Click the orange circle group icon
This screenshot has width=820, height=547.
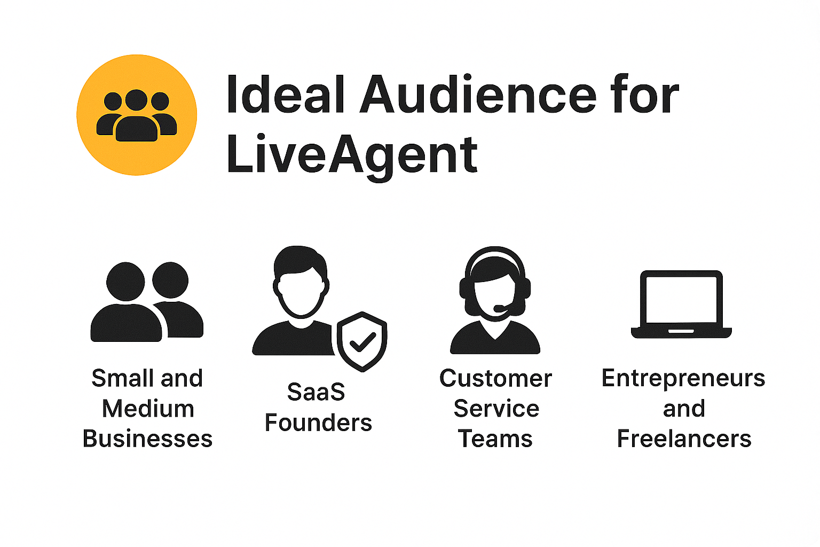(137, 115)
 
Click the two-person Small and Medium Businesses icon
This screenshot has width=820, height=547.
(147, 302)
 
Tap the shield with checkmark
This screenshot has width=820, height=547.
(362, 341)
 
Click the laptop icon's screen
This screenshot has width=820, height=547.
(681, 300)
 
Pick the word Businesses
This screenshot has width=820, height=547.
(148, 439)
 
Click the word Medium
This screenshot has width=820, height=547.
(148, 409)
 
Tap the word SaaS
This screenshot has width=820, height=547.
(316, 392)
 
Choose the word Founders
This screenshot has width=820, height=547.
(318, 423)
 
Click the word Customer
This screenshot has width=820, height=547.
(495, 379)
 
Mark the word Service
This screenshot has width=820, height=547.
(496, 409)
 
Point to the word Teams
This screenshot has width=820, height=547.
(495, 439)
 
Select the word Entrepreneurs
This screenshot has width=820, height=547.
(683, 379)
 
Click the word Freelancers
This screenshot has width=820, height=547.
(684, 439)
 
